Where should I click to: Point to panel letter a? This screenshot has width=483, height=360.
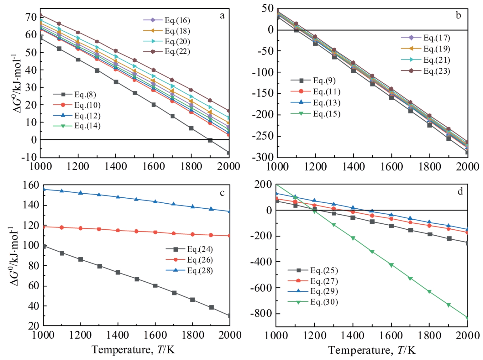pyautogui.click(x=222, y=16)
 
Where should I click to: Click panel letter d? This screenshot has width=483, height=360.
pyautogui.click(x=460, y=191)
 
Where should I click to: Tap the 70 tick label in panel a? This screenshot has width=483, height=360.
pyautogui.click(x=31, y=17)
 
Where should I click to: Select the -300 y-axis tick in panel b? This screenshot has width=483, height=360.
pyautogui.click(x=263, y=157)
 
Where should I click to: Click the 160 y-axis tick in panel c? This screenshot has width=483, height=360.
pyautogui.click(x=31, y=185)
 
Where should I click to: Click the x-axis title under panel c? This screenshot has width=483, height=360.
pyautogui.click(x=133, y=349)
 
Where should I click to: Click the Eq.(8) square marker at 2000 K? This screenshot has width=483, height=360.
pyautogui.click(x=229, y=153)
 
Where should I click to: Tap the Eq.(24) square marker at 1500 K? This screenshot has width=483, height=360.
pyautogui.click(x=137, y=279)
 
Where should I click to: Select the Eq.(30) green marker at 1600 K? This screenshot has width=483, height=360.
pyautogui.click(x=391, y=265)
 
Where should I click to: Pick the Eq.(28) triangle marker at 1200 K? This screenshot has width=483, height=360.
pyautogui.click(x=81, y=193)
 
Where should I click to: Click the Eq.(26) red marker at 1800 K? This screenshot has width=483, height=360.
pyautogui.click(x=192, y=234)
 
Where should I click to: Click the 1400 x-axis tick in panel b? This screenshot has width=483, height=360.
pyautogui.click(x=353, y=167)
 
